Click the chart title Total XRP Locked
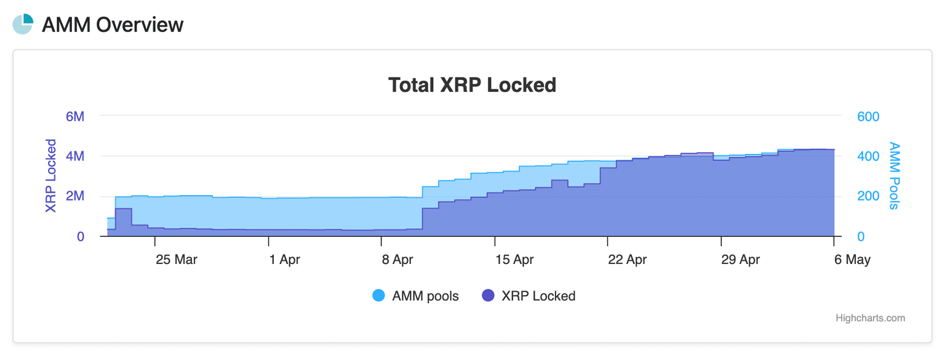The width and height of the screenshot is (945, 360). [x=472, y=85]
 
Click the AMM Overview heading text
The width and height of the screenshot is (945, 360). [x=113, y=25]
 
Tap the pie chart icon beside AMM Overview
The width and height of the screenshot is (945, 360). [x=23, y=25]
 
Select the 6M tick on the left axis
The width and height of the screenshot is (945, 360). [x=74, y=116]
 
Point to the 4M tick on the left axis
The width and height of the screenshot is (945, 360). [x=74, y=156]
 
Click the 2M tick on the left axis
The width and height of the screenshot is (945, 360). [x=74, y=196]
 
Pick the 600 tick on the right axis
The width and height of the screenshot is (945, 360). [x=868, y=116]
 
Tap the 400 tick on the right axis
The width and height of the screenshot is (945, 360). [x=868, y=156]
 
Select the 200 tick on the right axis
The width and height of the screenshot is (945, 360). [x=868, y=196]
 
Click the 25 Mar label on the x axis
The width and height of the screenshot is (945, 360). [x=177, y=260]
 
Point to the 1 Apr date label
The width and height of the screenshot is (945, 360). [x=285, y=260]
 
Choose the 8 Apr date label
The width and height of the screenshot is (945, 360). [x=397, y=260]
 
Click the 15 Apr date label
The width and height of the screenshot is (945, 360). [x=514, y=260]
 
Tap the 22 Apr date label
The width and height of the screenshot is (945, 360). [x=627, y=260]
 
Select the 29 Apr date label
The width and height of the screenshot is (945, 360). [x=740, y=260]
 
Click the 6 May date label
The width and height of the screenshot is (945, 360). [x=852, y=260]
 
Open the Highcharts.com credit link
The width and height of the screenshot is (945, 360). [x=870, y=318]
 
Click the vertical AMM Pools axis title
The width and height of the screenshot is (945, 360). [x=895, y=176]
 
